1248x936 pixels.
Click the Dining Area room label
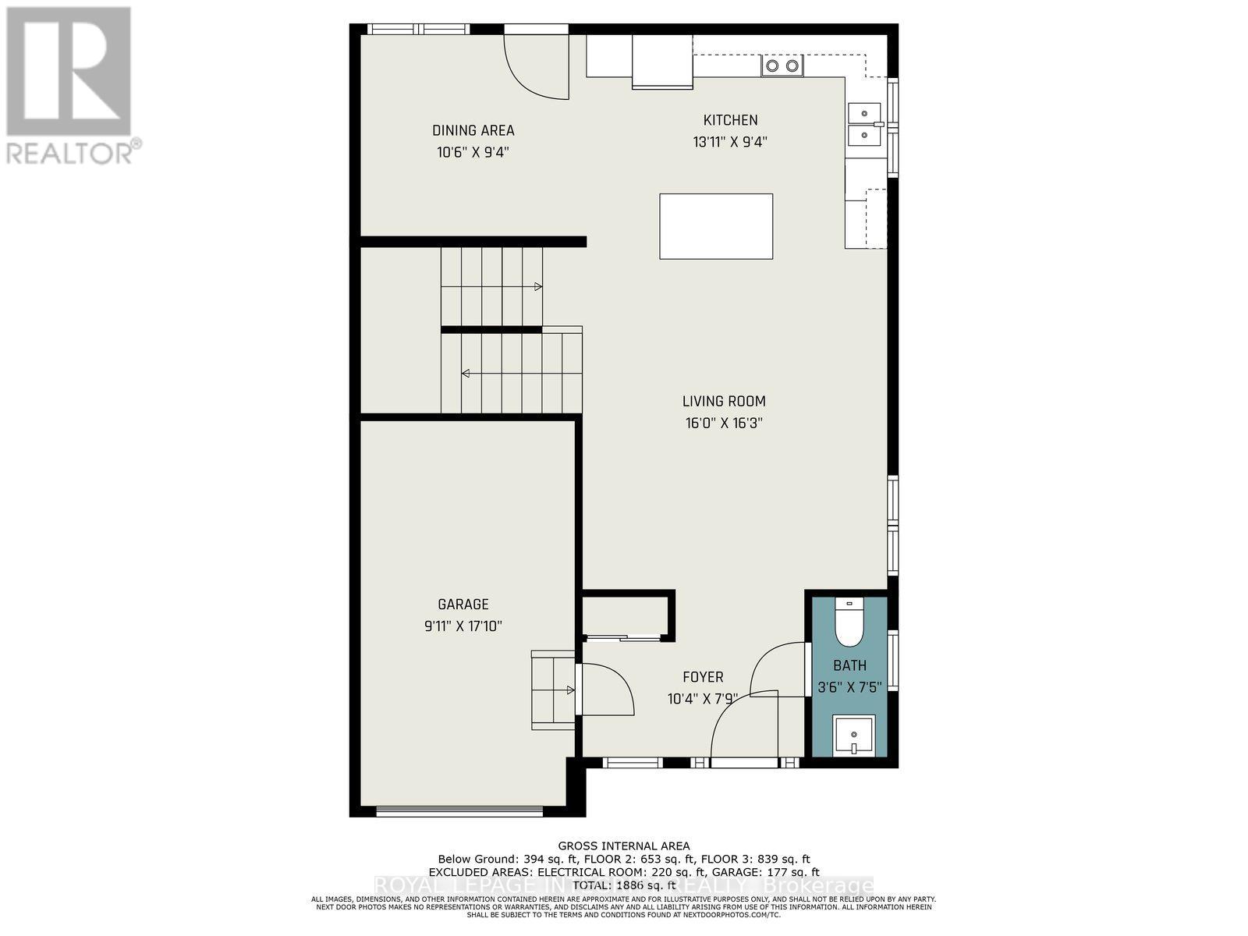coord(473,130)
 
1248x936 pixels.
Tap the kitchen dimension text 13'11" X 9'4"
coord(730,142)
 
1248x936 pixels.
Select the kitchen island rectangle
coord(716,226)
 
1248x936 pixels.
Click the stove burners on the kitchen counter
coord(782,66)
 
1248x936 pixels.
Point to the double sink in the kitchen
coord(864,124)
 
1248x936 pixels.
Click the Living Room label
coord(724,402)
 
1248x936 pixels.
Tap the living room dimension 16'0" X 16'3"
coord(724,424)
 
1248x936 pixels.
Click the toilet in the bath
coord(849,622)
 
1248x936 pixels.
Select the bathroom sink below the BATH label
coord(853,734)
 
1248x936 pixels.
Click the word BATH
coord(849,665)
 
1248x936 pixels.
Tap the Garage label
coord(463,604)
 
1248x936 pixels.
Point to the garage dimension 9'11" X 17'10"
coord(463,626)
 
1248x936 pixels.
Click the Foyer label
coord(703,677)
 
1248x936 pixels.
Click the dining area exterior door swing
coord(538,66)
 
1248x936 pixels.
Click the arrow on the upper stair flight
coord(537,287)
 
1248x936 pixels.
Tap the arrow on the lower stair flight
coord(466,374)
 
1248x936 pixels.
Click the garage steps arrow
coord(570,690)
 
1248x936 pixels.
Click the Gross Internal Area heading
coord(624,846)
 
